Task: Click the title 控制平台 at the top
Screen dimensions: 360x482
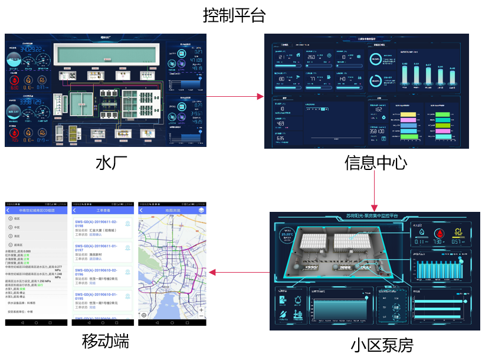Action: [x=234, y=15]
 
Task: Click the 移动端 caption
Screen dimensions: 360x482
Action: [x=106, y=341]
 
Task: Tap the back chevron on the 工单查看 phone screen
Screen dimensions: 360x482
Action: [x=74, y=210]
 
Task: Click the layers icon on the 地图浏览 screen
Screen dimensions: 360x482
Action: [x=201, y=210]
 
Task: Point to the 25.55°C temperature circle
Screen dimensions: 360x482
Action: [x=287, y=236]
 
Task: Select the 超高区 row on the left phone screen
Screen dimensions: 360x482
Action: [x=18, y=244]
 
